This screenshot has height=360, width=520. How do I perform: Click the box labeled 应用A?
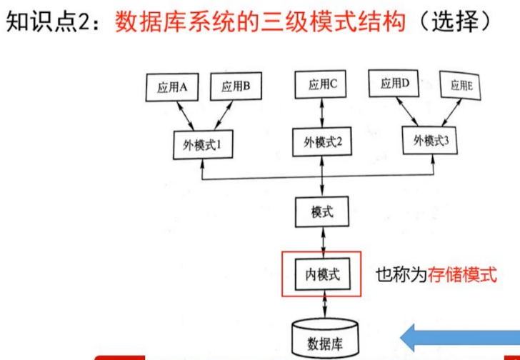(x=172, y=88)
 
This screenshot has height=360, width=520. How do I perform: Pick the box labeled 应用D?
(x=394, y=84)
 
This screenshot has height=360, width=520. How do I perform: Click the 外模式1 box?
(x=203, y=145)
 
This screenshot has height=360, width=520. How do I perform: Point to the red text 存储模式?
(x=462, y=275)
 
